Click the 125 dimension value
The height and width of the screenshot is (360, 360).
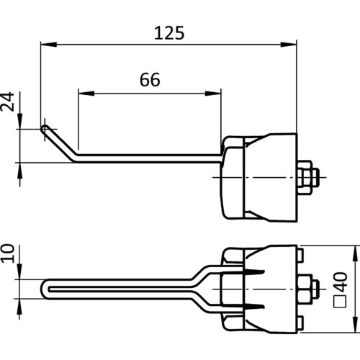point(169,33)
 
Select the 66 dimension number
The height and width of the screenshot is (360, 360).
point(150,80)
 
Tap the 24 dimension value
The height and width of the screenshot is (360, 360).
point(7,102)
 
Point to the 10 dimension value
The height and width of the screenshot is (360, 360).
point(7,253)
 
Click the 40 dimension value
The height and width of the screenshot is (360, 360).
point(341,282)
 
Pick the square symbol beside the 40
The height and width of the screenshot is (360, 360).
point(341,302)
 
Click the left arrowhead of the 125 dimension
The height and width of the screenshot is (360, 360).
point(49,45)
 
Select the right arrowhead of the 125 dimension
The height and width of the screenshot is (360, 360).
point(289,45)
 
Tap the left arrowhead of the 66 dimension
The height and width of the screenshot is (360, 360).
point(86,94)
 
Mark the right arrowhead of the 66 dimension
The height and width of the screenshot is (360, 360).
point(213,94)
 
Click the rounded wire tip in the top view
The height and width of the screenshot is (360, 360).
point(44,130)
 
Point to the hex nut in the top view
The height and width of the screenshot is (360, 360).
point(305,177)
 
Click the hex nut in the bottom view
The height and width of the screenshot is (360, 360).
point(305,289)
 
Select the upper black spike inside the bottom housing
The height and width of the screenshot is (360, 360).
point(254,272)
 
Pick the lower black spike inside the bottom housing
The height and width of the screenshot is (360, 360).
point(254,307)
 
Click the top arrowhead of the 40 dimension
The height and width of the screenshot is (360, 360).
point(355,253)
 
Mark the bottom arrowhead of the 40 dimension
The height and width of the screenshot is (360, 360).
point(355,325)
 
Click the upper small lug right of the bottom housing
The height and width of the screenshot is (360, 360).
point(300,255)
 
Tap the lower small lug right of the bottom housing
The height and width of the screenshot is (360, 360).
point(300,323)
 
